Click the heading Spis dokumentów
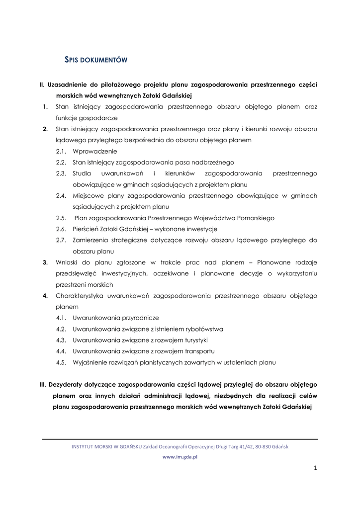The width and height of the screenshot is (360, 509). (x=96, y=60)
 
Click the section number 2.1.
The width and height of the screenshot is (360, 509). (x=61, y=151)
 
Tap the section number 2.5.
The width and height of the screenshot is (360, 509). (x=61, y=218)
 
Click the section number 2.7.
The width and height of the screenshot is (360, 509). (x=61, y=240)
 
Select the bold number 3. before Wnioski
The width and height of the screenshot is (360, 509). (x=45, y=262)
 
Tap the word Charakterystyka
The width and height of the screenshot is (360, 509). (x=80, y=296)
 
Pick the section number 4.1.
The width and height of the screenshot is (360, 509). (x=61, y=318)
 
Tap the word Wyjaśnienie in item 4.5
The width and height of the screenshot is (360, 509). (x=91, y=362)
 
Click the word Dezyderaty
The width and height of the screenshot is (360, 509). (x=70, y=385)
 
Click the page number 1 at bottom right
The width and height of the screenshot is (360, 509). (x=315, y=468)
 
